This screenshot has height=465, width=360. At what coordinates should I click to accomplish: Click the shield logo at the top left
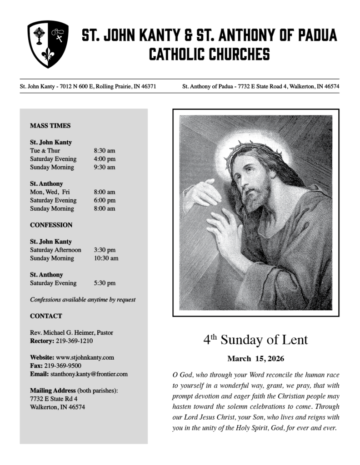pyautogui.click(x=48, y=44)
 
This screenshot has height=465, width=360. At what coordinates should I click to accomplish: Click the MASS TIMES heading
pyautogui.click(x=50, y=126)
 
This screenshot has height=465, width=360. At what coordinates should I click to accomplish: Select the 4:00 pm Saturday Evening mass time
pyautogui.click(x=105, y=159)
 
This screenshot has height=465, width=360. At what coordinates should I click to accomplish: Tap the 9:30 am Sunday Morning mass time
pyautogui.click(x=105, y=167)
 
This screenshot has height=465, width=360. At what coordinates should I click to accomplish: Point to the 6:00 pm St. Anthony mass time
pyautogui.click(x=105, y=200)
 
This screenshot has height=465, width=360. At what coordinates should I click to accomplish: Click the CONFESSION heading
pyautogui.click(x=51, y=225)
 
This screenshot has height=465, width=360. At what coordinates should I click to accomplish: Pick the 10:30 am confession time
pyautogui.click(x=106, y=258)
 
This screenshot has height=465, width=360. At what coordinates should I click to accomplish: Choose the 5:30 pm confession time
pyautogui.click(x=105, y=283)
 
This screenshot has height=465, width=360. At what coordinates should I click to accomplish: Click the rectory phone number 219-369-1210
pyautogui.click(x=76, y=341)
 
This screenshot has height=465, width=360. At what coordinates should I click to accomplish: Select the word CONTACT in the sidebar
pyautogui.click(x=46, y=316)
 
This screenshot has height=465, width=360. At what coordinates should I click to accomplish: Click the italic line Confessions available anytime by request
pyautogui.click(x=83, y=300)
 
